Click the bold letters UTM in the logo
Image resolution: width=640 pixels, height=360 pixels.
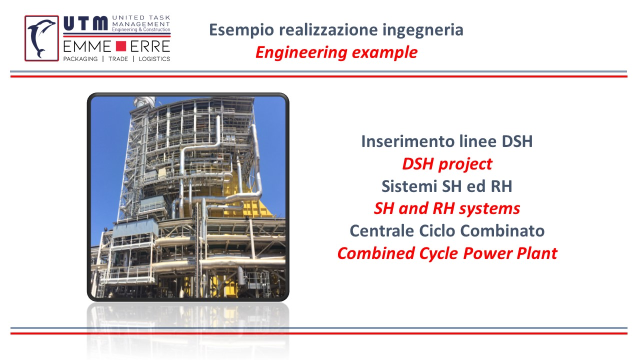pyautogui.click(x=85, y=23)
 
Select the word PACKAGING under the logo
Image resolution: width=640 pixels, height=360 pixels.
pyautogui.click(x=80, y=59)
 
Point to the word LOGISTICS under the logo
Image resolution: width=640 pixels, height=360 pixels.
pyautogui.click(x=154, y=59)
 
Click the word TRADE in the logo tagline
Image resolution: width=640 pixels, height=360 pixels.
pyautogui.click(x=118, y=59)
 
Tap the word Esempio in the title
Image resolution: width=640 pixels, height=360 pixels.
pyautogui.click(x=241, y=30)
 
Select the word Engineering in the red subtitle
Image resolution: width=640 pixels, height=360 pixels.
pyautogui.click(x=301, y=53)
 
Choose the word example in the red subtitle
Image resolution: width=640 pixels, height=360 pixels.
pyautogui.click(x=384, y=53)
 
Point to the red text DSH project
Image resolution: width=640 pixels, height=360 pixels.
pyautogui.click(x=447, y=164)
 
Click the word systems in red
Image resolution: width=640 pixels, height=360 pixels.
pyautogui.click(x=489, y=209)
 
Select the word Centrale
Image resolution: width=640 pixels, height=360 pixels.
pyautogui.click(x=381, y=230)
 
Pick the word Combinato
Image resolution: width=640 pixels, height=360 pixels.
pyautogui.click(x=502, y=230)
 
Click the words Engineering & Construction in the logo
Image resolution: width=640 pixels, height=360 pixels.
pyautogui.click(x=141, y=29)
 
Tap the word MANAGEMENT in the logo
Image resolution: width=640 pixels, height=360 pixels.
pyautogui.click(x=141, y=24)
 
